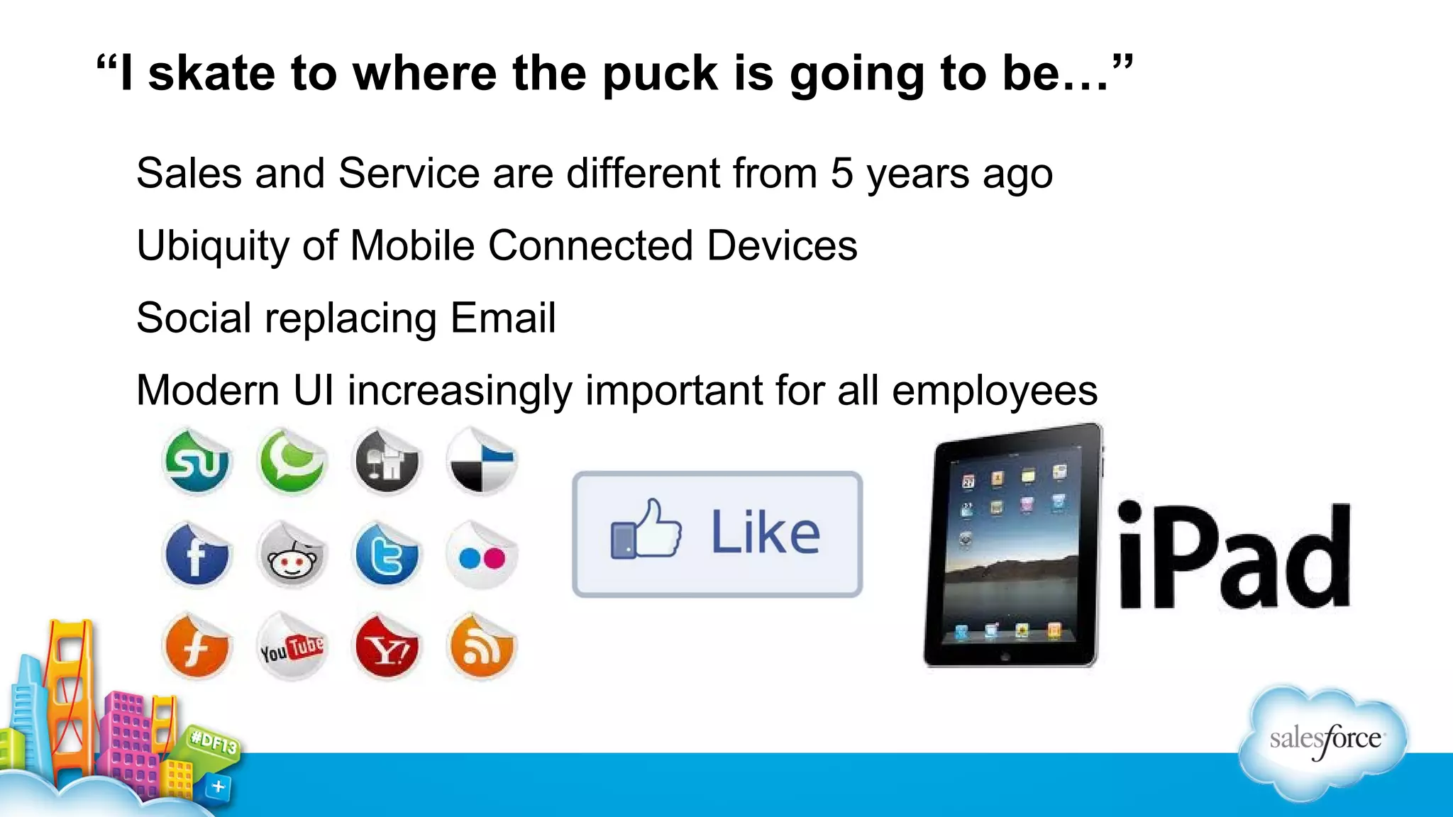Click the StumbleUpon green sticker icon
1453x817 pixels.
tap(197, 462)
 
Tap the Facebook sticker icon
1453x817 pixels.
tap(197, 555)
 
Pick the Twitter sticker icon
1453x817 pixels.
tap(387, 555)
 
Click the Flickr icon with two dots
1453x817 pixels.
tap(482, 557)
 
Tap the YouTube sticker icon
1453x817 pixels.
tap(292, 648)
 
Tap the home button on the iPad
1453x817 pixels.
tap(1005, 657)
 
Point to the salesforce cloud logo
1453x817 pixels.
tap(1324, 741)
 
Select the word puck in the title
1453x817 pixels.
tap(660, 74)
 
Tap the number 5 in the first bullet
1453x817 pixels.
tap(841, 173)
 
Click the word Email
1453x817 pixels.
tap(502, 318)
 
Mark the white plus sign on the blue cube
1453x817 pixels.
tap(219, 787)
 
